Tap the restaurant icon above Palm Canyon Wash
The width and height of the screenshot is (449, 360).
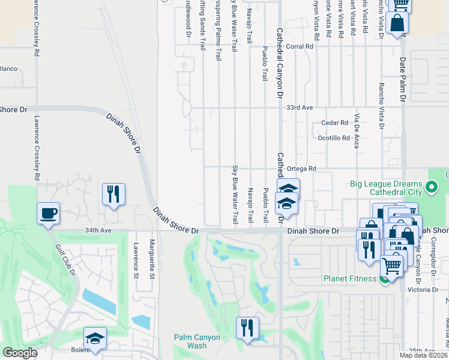coord(247,328)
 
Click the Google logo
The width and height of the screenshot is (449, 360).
coord(20,353)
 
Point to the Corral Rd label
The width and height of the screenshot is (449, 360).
coord(301,46)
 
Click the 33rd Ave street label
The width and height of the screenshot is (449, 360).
coord(300,107)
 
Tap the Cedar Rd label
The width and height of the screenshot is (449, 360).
coord(335,122)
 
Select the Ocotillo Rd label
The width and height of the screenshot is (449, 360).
coord(333,137)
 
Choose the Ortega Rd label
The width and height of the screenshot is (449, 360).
coord(301,169)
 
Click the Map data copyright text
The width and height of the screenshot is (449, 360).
coord(424,355)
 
